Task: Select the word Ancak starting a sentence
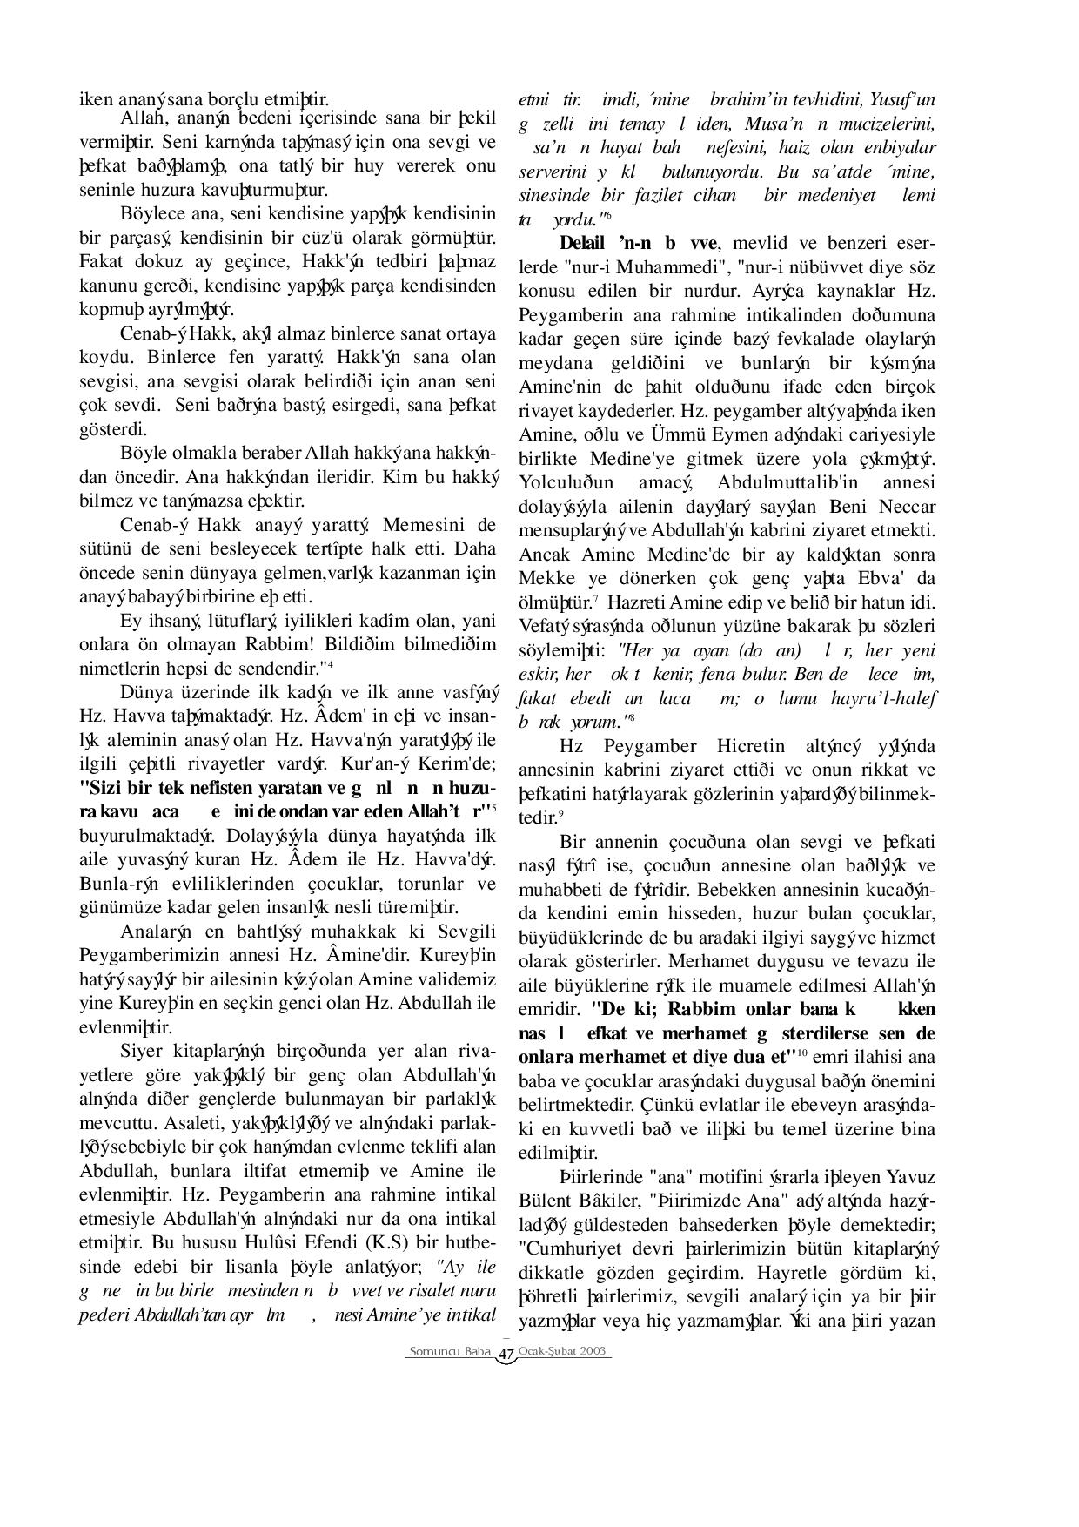click(x=544, y=555)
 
